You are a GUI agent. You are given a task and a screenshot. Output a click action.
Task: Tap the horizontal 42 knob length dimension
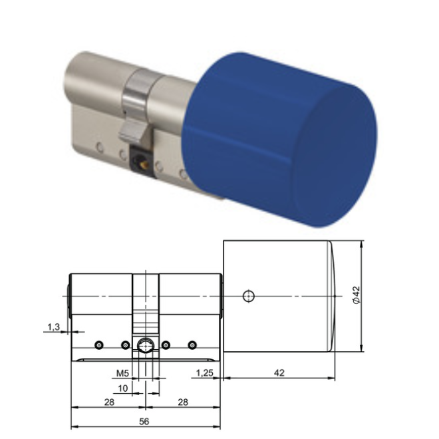(279, 373)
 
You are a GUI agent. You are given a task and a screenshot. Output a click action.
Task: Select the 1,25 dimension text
(204, 373)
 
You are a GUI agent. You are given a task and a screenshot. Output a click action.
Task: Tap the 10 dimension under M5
(123, 387)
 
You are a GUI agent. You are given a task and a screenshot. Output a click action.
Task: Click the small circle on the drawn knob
(248, 295)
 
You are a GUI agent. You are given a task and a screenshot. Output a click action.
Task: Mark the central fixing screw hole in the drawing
(145, 345)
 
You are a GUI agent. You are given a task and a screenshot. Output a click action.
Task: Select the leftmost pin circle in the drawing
(98, 345)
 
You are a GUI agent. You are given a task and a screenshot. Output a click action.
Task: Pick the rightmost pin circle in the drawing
(192, 345)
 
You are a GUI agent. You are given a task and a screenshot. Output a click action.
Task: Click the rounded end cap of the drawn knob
(331, 297)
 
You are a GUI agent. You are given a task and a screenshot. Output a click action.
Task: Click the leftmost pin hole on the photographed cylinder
(98, 145)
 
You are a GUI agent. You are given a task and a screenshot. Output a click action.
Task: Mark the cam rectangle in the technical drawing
(145, 303)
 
